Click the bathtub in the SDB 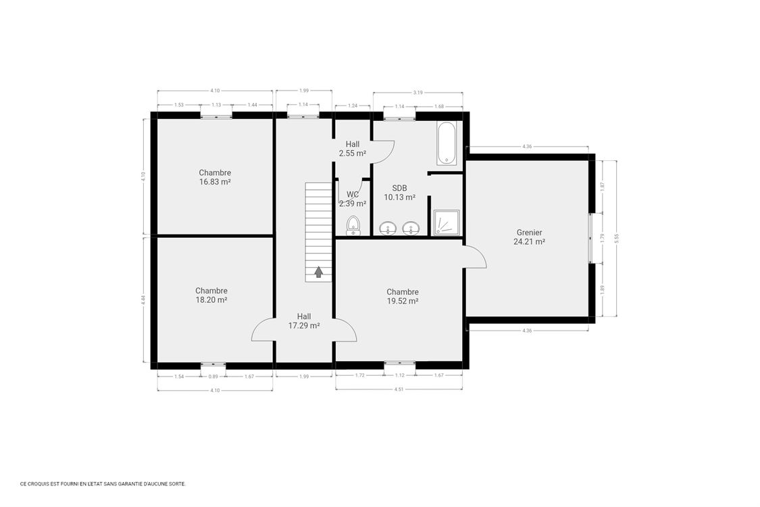(447, 143)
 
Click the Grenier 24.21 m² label (528, 237)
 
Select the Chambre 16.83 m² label (215, 177)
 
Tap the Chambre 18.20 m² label (211, 295)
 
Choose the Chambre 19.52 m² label (403, 297)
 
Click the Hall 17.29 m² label (304, 320)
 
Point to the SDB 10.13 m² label (399, 193)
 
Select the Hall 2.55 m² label (353, 149)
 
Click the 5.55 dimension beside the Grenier (616, 237)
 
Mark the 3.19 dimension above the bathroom (418, 91)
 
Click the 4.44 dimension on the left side (143, 299)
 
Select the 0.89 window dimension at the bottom (213, 376)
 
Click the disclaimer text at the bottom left (103, 484)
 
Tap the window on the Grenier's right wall (591, 237)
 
